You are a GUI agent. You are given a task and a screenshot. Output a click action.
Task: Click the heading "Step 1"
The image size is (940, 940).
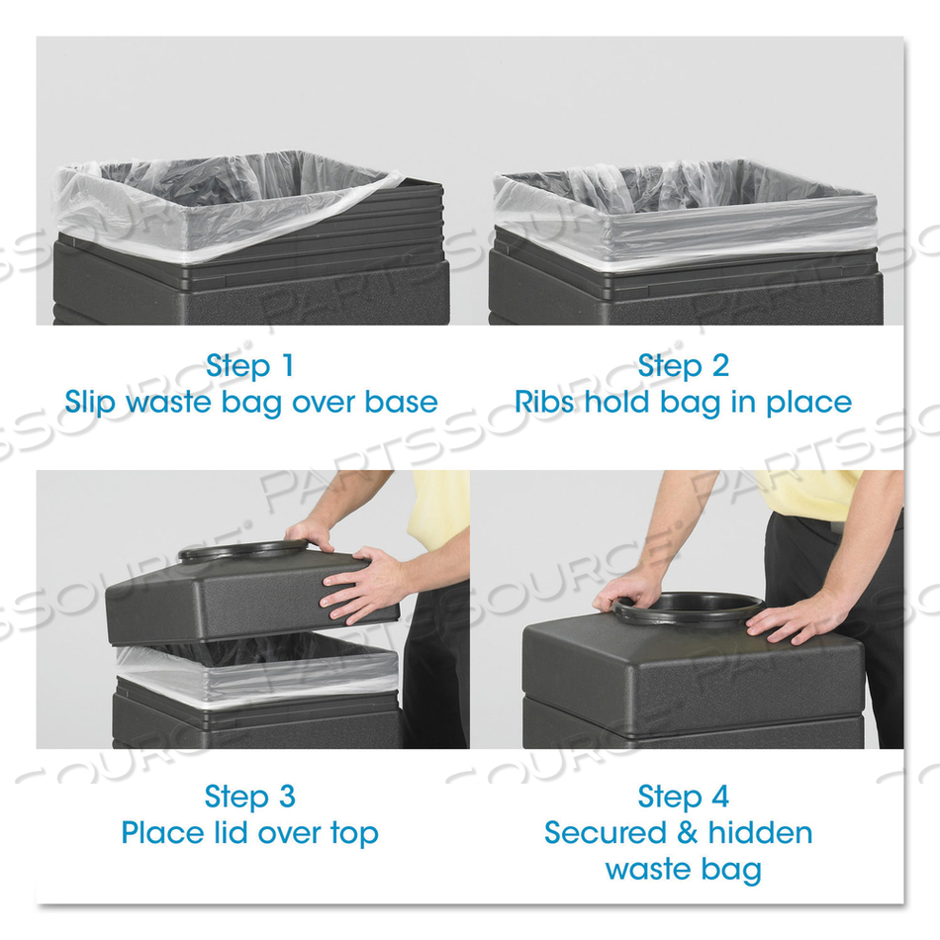click(249, 365)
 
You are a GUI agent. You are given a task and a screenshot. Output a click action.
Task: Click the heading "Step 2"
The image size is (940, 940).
click(683, 365)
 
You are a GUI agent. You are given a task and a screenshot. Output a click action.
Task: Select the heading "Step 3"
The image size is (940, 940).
click(249, 796)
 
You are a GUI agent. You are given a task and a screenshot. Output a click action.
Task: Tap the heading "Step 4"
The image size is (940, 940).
click(683, 796)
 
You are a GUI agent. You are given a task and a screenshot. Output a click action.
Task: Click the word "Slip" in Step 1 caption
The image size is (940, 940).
click(92, 402)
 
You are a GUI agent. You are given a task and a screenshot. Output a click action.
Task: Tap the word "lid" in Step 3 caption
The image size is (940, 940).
click(233, 832)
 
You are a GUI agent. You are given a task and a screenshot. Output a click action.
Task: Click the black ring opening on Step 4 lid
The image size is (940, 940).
click(689, 607)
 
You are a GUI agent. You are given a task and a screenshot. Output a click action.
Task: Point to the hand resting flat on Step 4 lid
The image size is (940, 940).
click(792, 619)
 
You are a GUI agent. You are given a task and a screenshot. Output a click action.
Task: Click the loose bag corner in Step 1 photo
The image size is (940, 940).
click(381, 182)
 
